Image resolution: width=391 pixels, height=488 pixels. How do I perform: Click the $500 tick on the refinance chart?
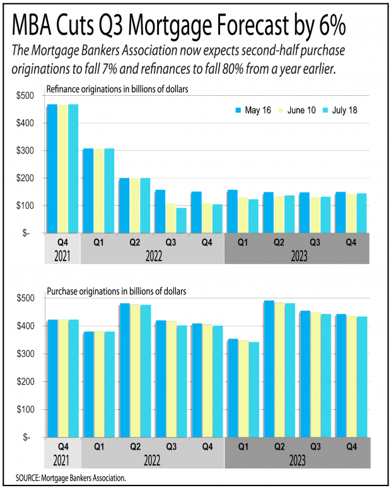tap(28, 95)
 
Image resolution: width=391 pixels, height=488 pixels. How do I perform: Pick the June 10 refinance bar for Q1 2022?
tap(99, 190)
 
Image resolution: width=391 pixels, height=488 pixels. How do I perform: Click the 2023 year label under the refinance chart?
tap(296, 256)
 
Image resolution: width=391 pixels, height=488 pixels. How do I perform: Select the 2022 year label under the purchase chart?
tap(151, 460)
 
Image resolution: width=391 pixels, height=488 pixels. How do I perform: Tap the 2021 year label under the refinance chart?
tap(62, 256)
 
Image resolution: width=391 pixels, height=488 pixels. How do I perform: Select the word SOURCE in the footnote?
tap(28, 478)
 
